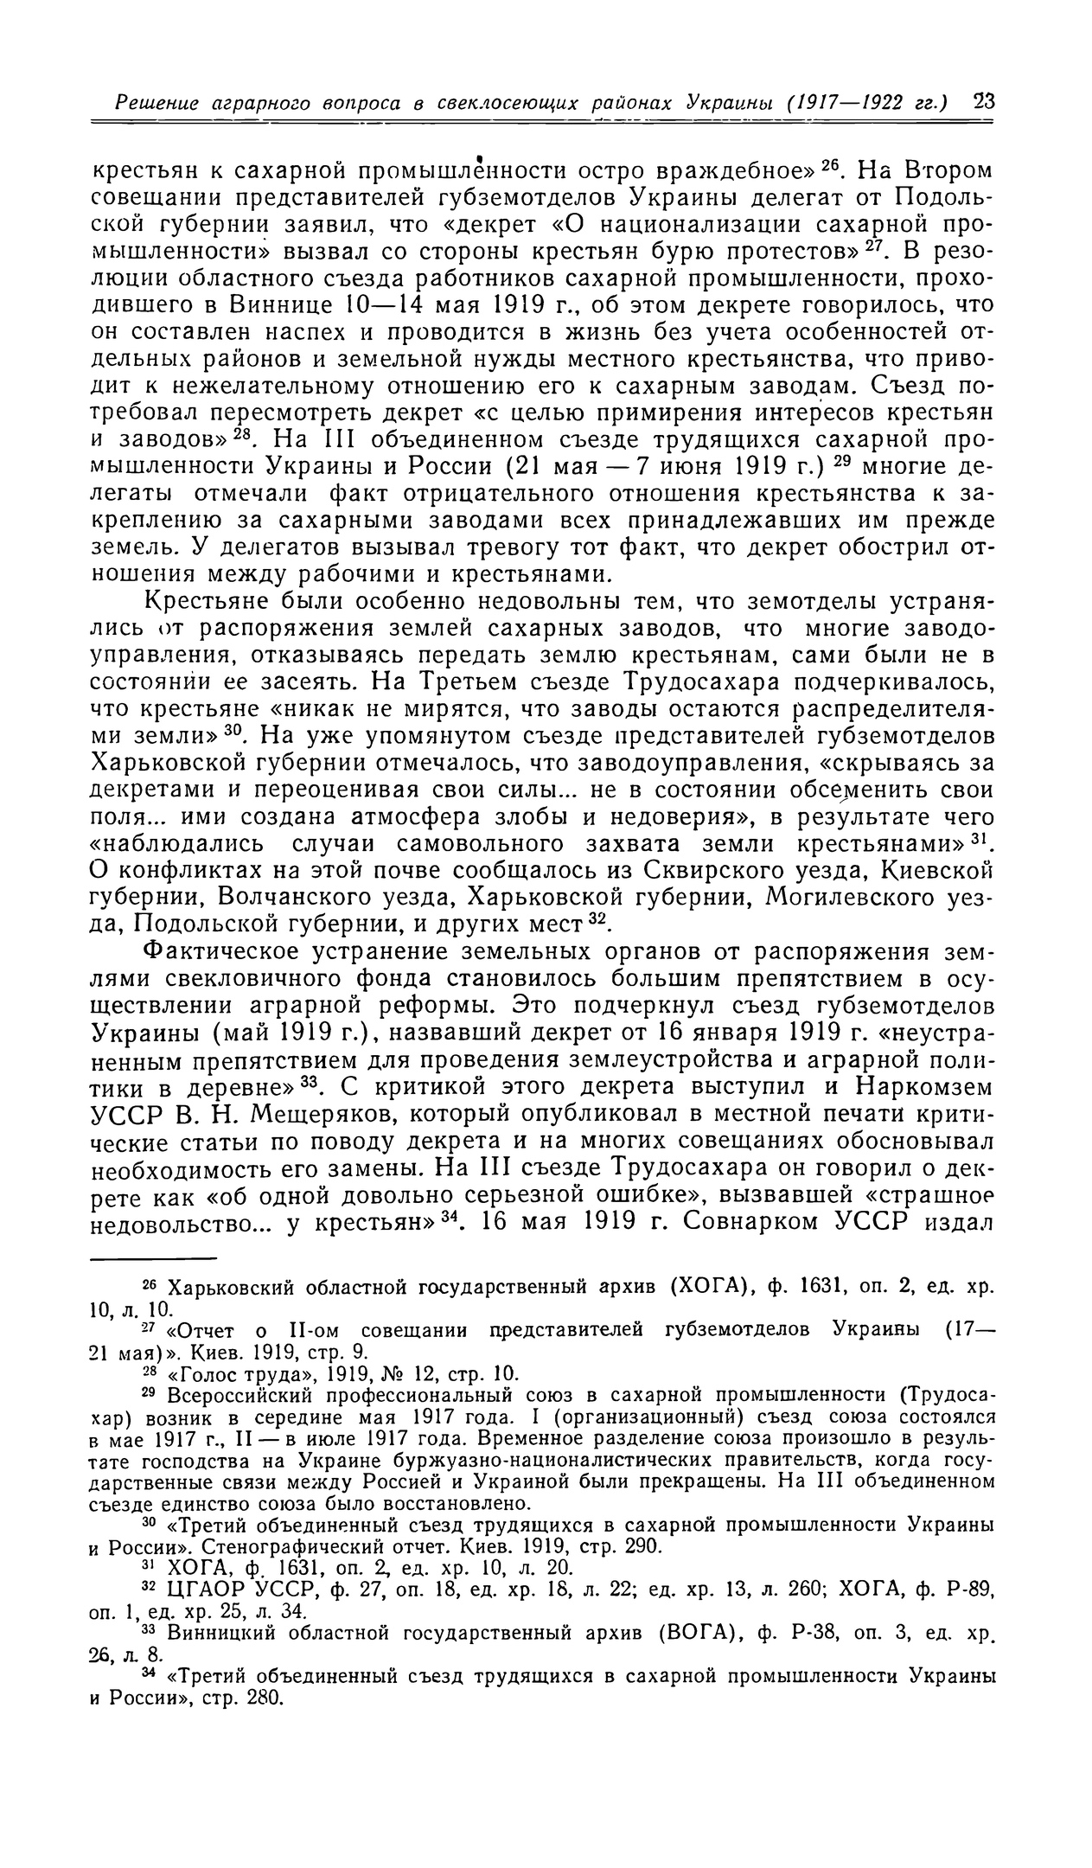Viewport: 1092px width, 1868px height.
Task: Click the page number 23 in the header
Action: [982, 101]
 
